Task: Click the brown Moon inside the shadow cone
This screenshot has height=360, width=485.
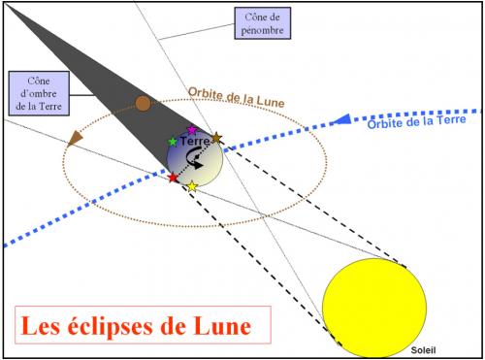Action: pyautogui.click(x=143, y=103)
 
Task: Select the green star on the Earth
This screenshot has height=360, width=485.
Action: pyautogui.click(x=173, y=142)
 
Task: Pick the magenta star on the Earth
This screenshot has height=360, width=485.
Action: pyautogui.click(x=191, y=130)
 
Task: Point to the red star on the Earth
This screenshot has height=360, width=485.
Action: pyautogui.click(x=173, y=178)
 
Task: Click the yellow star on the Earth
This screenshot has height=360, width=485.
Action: pyautogui.click(x=192, y=185)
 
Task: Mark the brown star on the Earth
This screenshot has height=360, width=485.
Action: pyautogui.click(x=217, y=140)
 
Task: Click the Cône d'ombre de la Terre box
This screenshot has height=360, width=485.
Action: pyautogui.click(x=33, y=92)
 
